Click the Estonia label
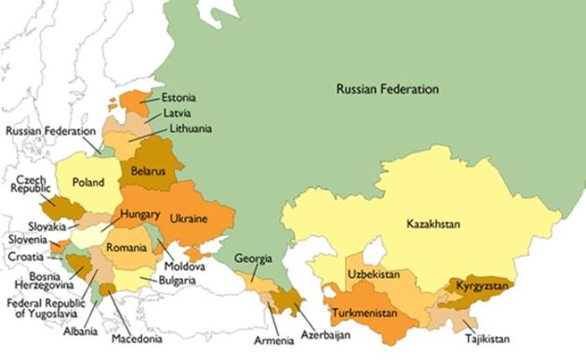(178, 97)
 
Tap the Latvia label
(177, 113)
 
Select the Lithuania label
(185, 128)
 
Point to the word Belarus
(148, 172)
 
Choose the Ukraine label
(189, 219)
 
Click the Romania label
(127, 248)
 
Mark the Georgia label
(253, 258)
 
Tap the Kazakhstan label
(440, 224)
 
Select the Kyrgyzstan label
(483, 286)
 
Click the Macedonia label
(137, 339)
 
